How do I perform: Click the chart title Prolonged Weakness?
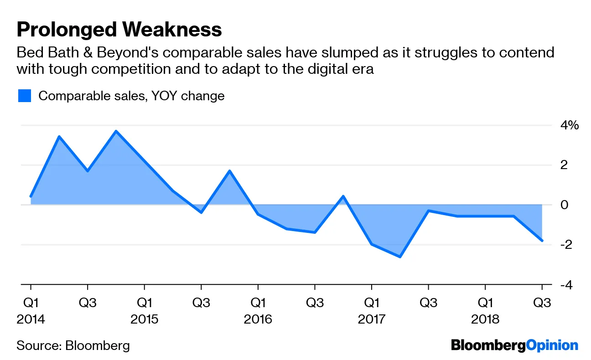click(x=119, y=30)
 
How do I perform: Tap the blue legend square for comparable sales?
click(x=25, y=96)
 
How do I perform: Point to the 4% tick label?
click(x=566, y=125)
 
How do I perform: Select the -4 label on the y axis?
click(x=564, y=284)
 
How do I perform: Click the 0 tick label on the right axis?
click(x=564, y=205)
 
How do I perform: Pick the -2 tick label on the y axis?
click(x=564, y=245)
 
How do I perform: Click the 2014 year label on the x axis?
click(x=31, y=319)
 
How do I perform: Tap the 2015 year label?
click(x=145, y=319)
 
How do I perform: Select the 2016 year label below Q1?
click(x=258, y=319)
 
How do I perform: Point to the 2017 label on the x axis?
click(x=372, y=319)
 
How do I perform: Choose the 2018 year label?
click(x=485, y=319)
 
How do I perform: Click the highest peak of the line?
click(x=116, y=131)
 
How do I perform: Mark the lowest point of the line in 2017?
click(x=400, y=257)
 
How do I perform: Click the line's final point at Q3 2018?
click(x=542, y=241)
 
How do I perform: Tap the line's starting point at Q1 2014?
click(x=31, y=196)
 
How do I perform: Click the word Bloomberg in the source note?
click(x=98, y=345)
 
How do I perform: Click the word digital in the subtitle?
click(x=318, y=69)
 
